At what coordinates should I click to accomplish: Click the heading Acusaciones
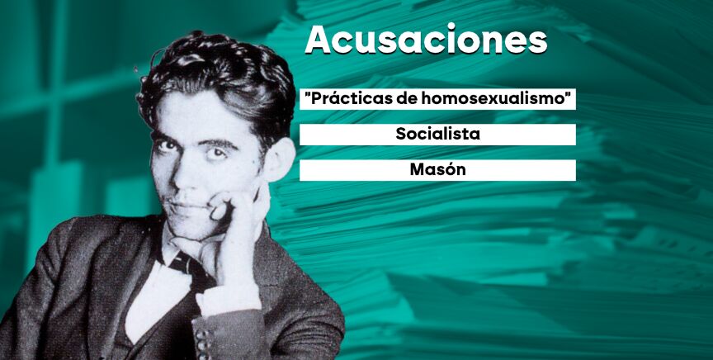click(x=426, y=40)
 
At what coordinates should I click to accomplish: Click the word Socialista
click(x=438, y=135)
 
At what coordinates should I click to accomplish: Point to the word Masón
click(x=438, y=170)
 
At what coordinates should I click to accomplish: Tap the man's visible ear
click(x=278, y=159)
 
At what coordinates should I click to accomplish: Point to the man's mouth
click(x=187, y=208)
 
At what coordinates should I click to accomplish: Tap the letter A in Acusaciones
click(x=319, y=40)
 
